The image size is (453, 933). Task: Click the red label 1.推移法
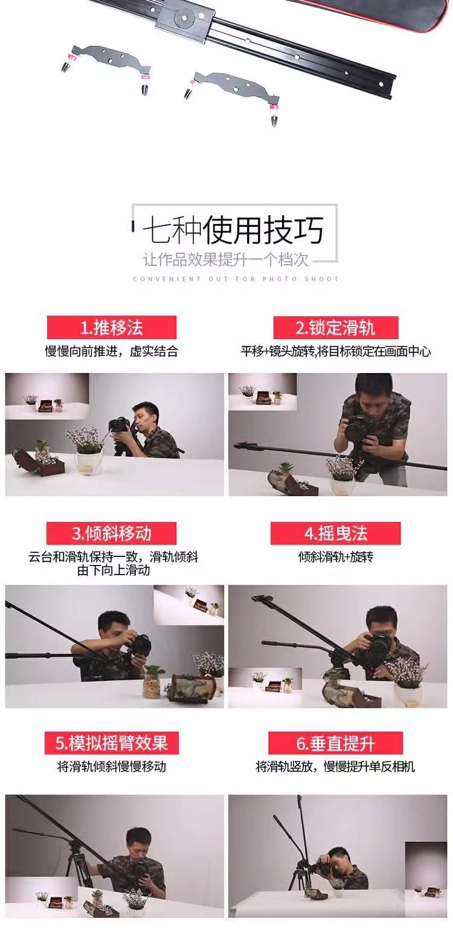pyautogui.click(x=112, y=327)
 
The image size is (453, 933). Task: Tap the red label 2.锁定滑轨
pyautogui.click(x=336, y=327)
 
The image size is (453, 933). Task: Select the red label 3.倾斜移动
pyautogui.click(x=111, y=533)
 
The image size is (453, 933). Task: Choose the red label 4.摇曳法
pyautogui.click(x=335, y=533)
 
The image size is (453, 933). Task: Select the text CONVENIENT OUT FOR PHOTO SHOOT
pyautogui.click(x=236, y=279)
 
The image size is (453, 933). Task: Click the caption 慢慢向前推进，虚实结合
pyautogui.click(x=112, y=351)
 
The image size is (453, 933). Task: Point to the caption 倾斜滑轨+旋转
pyautogui.click(x=336, y=556)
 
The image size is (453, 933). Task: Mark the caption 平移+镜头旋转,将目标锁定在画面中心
pyautogui.click(x=336, y=351)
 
